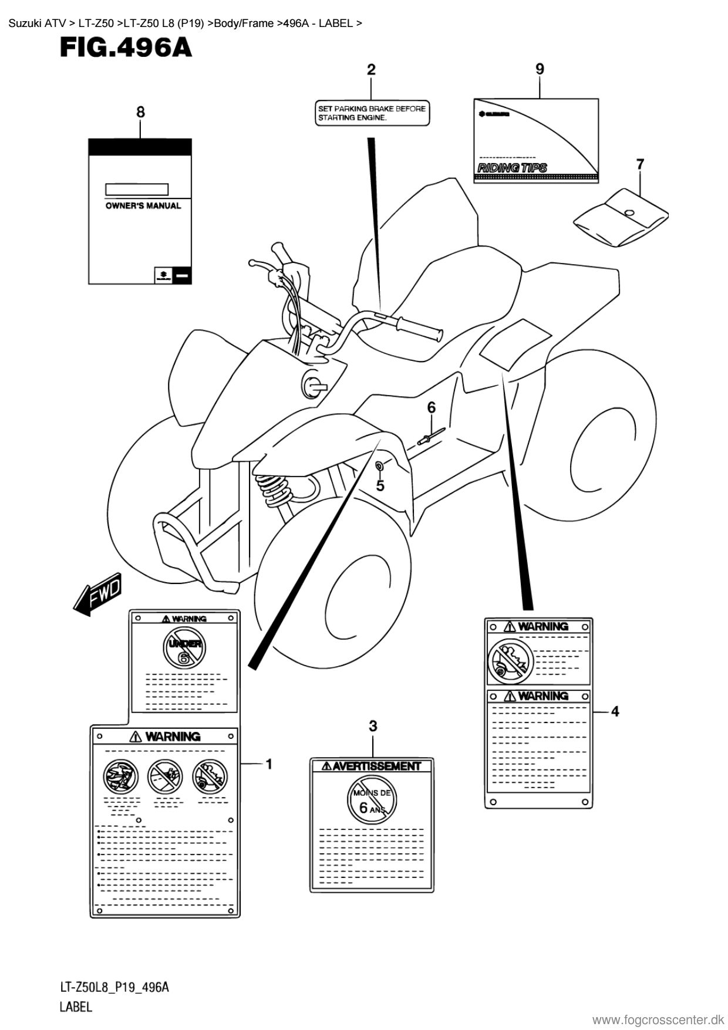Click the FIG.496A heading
(126, 48)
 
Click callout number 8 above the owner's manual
(140, 112)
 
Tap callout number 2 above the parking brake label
(371, 70)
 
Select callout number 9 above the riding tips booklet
(540, 69)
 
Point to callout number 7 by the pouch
(640, 164)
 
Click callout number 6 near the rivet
(432, 407)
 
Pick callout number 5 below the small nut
(380, 485)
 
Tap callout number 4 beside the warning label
(615, 711)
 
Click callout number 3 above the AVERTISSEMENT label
(373, 726)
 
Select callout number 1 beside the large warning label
(268, 764)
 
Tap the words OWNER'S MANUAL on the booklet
(143, 206)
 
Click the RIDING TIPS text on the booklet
(513, 168)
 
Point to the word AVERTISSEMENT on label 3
(376, 766)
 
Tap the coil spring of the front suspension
(274, 488)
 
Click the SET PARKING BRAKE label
(371, 113)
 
